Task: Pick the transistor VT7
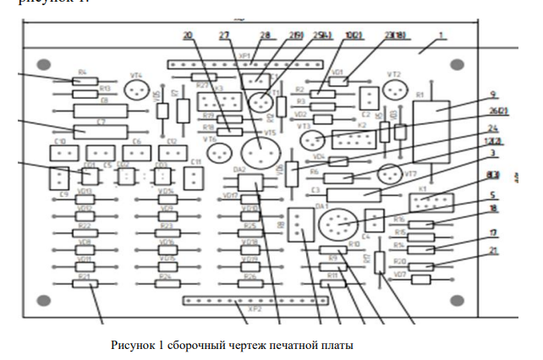[388, 174]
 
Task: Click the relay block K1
[425, 203]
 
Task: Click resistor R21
[84, 284]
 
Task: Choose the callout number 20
[187, 35]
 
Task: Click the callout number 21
[493, 251]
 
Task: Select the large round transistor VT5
[260, 153]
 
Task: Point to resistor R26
[250, 284]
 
